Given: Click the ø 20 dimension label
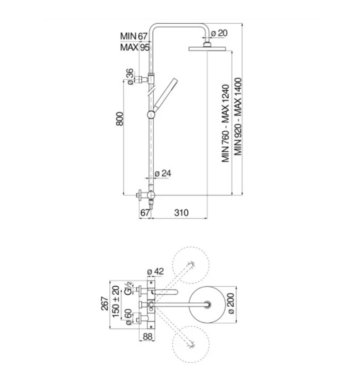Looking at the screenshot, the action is pos(219,33).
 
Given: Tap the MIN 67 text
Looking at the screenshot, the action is pos(134,36).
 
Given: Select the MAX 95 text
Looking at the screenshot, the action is pos(135,47).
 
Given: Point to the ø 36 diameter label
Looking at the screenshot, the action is pos(130,77).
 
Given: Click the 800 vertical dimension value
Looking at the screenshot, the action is pos(120,119).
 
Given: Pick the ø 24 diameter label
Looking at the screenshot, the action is pos(163,173).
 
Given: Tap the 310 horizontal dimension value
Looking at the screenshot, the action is pos(182,213).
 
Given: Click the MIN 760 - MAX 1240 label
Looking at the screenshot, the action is pos(225,123).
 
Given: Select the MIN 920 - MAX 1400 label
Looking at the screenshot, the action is pos(238,117).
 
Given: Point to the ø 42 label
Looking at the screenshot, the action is pos(156,271).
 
